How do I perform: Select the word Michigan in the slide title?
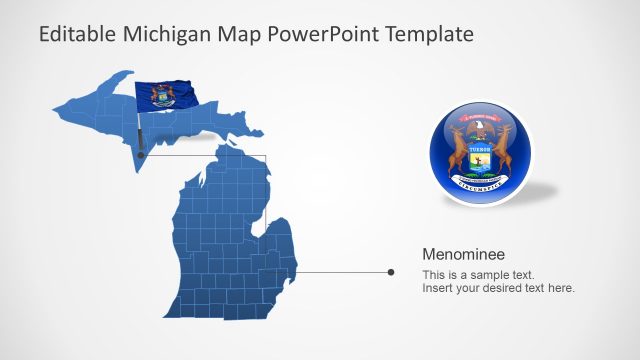click(x=166, y=34)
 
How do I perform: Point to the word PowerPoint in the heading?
click(x=321, y=34)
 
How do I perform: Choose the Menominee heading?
click(x=462, y=254)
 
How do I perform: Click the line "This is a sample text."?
click(x=478, y=274)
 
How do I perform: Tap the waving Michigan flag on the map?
click(x=165, y=96)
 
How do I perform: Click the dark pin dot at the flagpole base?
click(x=141, y=156)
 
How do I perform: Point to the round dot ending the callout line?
click(x=390, y=271)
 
